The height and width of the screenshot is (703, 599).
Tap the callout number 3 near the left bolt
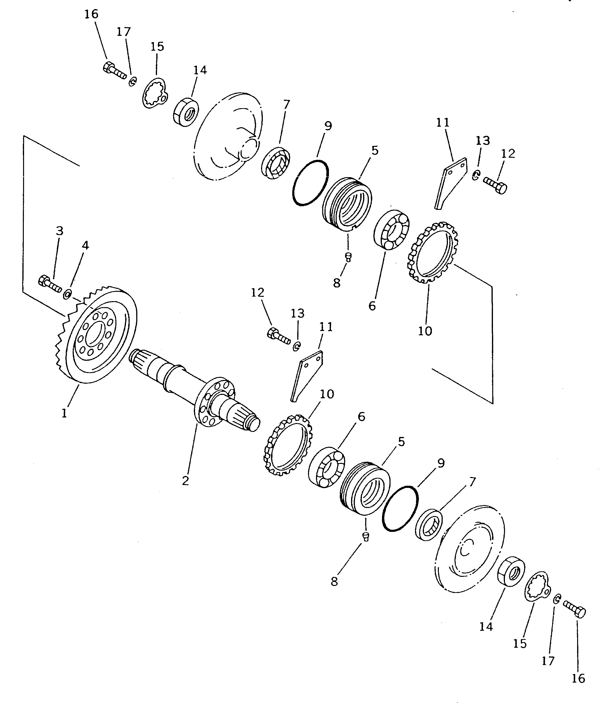coord(59,231)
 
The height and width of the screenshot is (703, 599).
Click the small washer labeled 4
coord(67,294)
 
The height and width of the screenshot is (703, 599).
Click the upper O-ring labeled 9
coord(310,182)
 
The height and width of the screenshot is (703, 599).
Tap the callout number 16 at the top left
coord(91,14)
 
